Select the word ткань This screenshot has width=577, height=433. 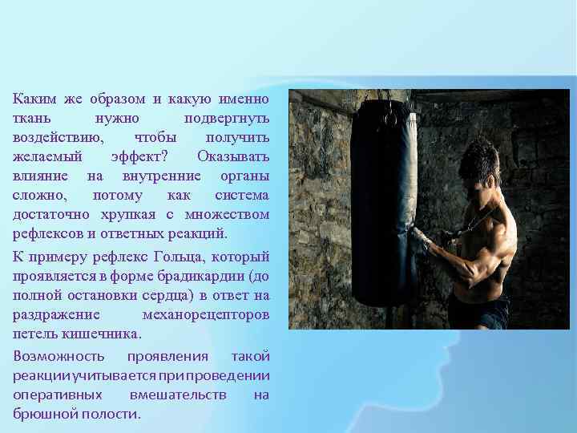point(30,119)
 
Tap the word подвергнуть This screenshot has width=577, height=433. point(227,119)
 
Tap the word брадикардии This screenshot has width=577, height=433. point(208,277)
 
